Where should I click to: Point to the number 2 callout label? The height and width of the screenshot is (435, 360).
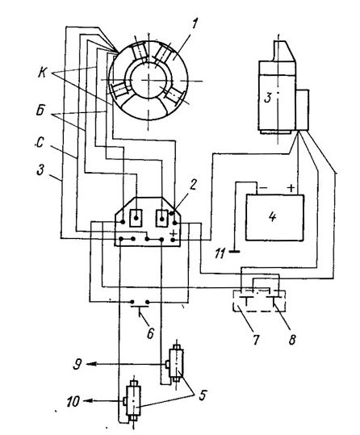(194, 184)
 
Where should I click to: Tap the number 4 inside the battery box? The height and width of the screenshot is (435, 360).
(273, 217)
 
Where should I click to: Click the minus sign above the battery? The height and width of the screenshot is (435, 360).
(263, 188)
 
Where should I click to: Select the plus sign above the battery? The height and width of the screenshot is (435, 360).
(291, 188)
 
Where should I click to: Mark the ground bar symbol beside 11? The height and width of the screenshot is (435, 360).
(235, 252)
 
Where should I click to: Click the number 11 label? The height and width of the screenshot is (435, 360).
(220, 253)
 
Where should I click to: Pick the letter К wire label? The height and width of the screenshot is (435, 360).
(42, 73)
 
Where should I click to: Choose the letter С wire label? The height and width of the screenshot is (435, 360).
(40, 143)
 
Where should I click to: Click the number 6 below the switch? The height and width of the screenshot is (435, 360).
(150, 334)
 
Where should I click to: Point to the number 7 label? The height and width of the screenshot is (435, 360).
(256, 339)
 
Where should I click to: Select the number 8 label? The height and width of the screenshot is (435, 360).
(292, 339)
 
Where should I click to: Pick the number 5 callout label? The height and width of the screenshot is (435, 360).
(203, 395)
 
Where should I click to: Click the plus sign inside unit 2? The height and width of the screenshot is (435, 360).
(173, 232)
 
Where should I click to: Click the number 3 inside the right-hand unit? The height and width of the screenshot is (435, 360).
(267, 98)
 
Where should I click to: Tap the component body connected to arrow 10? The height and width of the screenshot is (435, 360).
(133, 400)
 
